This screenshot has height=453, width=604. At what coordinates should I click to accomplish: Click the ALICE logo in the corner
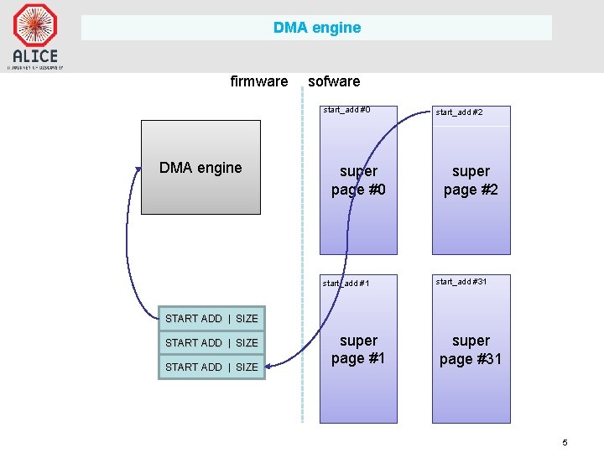click(x=34, y=35)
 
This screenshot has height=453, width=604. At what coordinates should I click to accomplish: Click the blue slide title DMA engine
click(x=317, y=28)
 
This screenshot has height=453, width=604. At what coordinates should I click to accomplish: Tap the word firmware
click(x=258, y=81)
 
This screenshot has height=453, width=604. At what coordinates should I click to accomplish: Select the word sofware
click(x=334, y=81)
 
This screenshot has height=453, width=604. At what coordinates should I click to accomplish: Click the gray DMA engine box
click(x=200, y=168)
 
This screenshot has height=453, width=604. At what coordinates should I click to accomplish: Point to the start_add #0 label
click(x=346, y=110)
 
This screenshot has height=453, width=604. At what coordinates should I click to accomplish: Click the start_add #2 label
click(x=459, y=112)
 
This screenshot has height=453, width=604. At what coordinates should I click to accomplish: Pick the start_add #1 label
click(x=346, y=283)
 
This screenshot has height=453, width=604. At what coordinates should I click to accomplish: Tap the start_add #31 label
click(x=461, y=282)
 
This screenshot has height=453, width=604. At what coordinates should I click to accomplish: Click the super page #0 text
click(x=358, y=180)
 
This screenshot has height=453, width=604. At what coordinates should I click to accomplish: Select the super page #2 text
click(x=471, y=180)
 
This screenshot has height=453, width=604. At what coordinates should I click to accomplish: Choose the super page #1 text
click(x=358, y=350)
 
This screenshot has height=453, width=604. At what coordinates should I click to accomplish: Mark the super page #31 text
click(x=471, y=350)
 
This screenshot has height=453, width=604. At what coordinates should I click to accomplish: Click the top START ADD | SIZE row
click(x=211, y=319)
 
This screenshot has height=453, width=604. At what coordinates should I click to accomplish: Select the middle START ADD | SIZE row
click(x=211, y=342)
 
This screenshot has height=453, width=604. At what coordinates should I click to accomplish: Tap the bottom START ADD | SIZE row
click(x=211, y=367)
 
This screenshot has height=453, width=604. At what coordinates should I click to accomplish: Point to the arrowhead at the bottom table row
click(x=271, y=362)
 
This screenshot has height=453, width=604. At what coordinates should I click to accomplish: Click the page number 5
click(x=565, y=442)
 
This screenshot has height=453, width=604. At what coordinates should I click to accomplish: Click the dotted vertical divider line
click(x=302, y=252)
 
